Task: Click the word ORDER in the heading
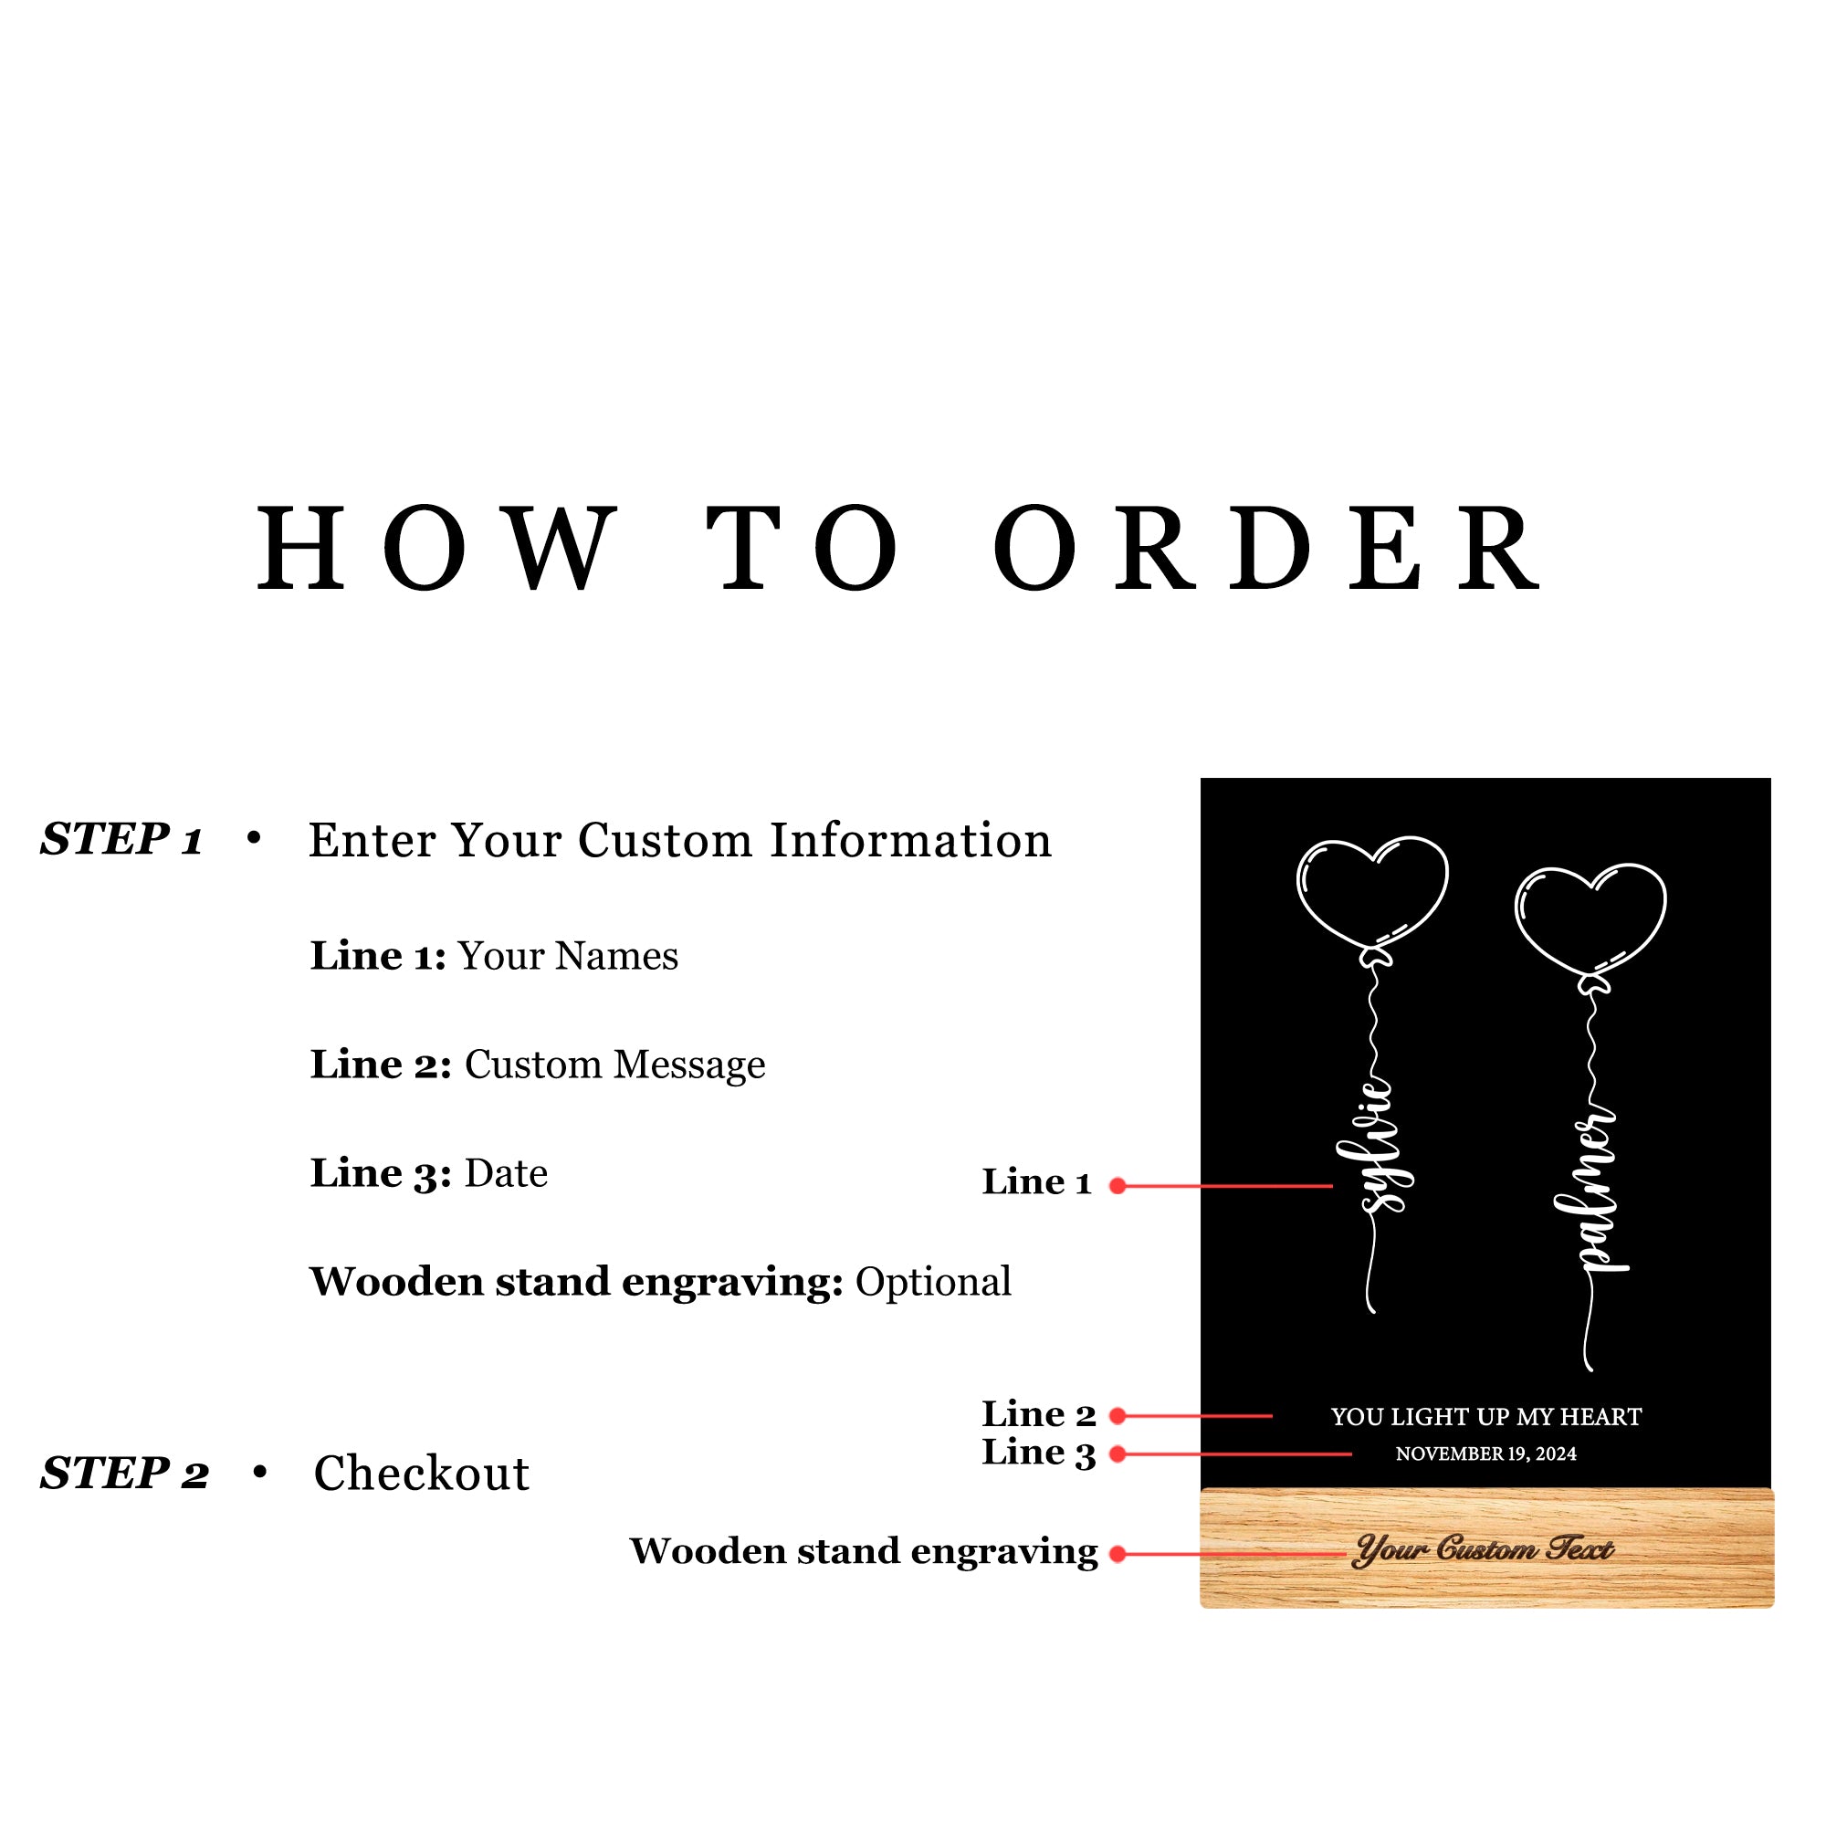click(x=1267, y=549)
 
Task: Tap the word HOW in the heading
click(x=437, y=549)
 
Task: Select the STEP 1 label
click(x=122, y=839)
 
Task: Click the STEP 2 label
click(x=125, y=1474)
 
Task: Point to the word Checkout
click(x=422, y=1474)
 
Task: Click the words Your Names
click(x=568, y=957)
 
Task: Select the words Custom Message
click(x=615, y=1065)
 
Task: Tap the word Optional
click(x=934, y=1283)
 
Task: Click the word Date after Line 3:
click(x=507, y=1174)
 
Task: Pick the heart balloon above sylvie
click(x=1372, y=894)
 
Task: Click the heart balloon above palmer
click(x=1590, y=920)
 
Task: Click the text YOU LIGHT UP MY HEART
click(x=1486, y=1417)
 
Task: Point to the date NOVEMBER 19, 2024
click(x=1486, y=1453)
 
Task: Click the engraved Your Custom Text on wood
click(x=1484, y=1550)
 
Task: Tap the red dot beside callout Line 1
click(x=1118, y=1186)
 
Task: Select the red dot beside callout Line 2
click(x=1118, y=1416)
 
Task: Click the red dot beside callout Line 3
click(x=1118, y=1453)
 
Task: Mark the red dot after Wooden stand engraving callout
click(x=1118, y=1554)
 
